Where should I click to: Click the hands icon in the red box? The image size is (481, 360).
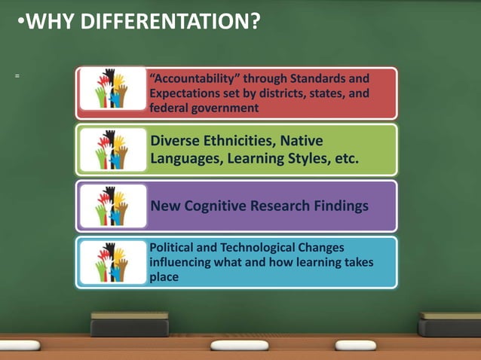pos(112,89)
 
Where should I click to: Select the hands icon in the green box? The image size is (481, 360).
pos(112,148)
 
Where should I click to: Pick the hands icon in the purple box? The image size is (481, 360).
pos(112,206)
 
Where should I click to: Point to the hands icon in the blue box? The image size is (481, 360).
pos(112,261)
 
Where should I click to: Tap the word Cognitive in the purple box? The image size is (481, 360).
pos(225,206)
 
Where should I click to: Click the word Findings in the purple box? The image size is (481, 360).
pos(338,206)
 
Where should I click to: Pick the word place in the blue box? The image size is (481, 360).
pos(164,276)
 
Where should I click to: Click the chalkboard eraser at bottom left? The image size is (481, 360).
pos(129,325)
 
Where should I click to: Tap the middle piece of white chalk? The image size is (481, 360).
pos(239,345)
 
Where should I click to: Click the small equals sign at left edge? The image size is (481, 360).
pos(16,76)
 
